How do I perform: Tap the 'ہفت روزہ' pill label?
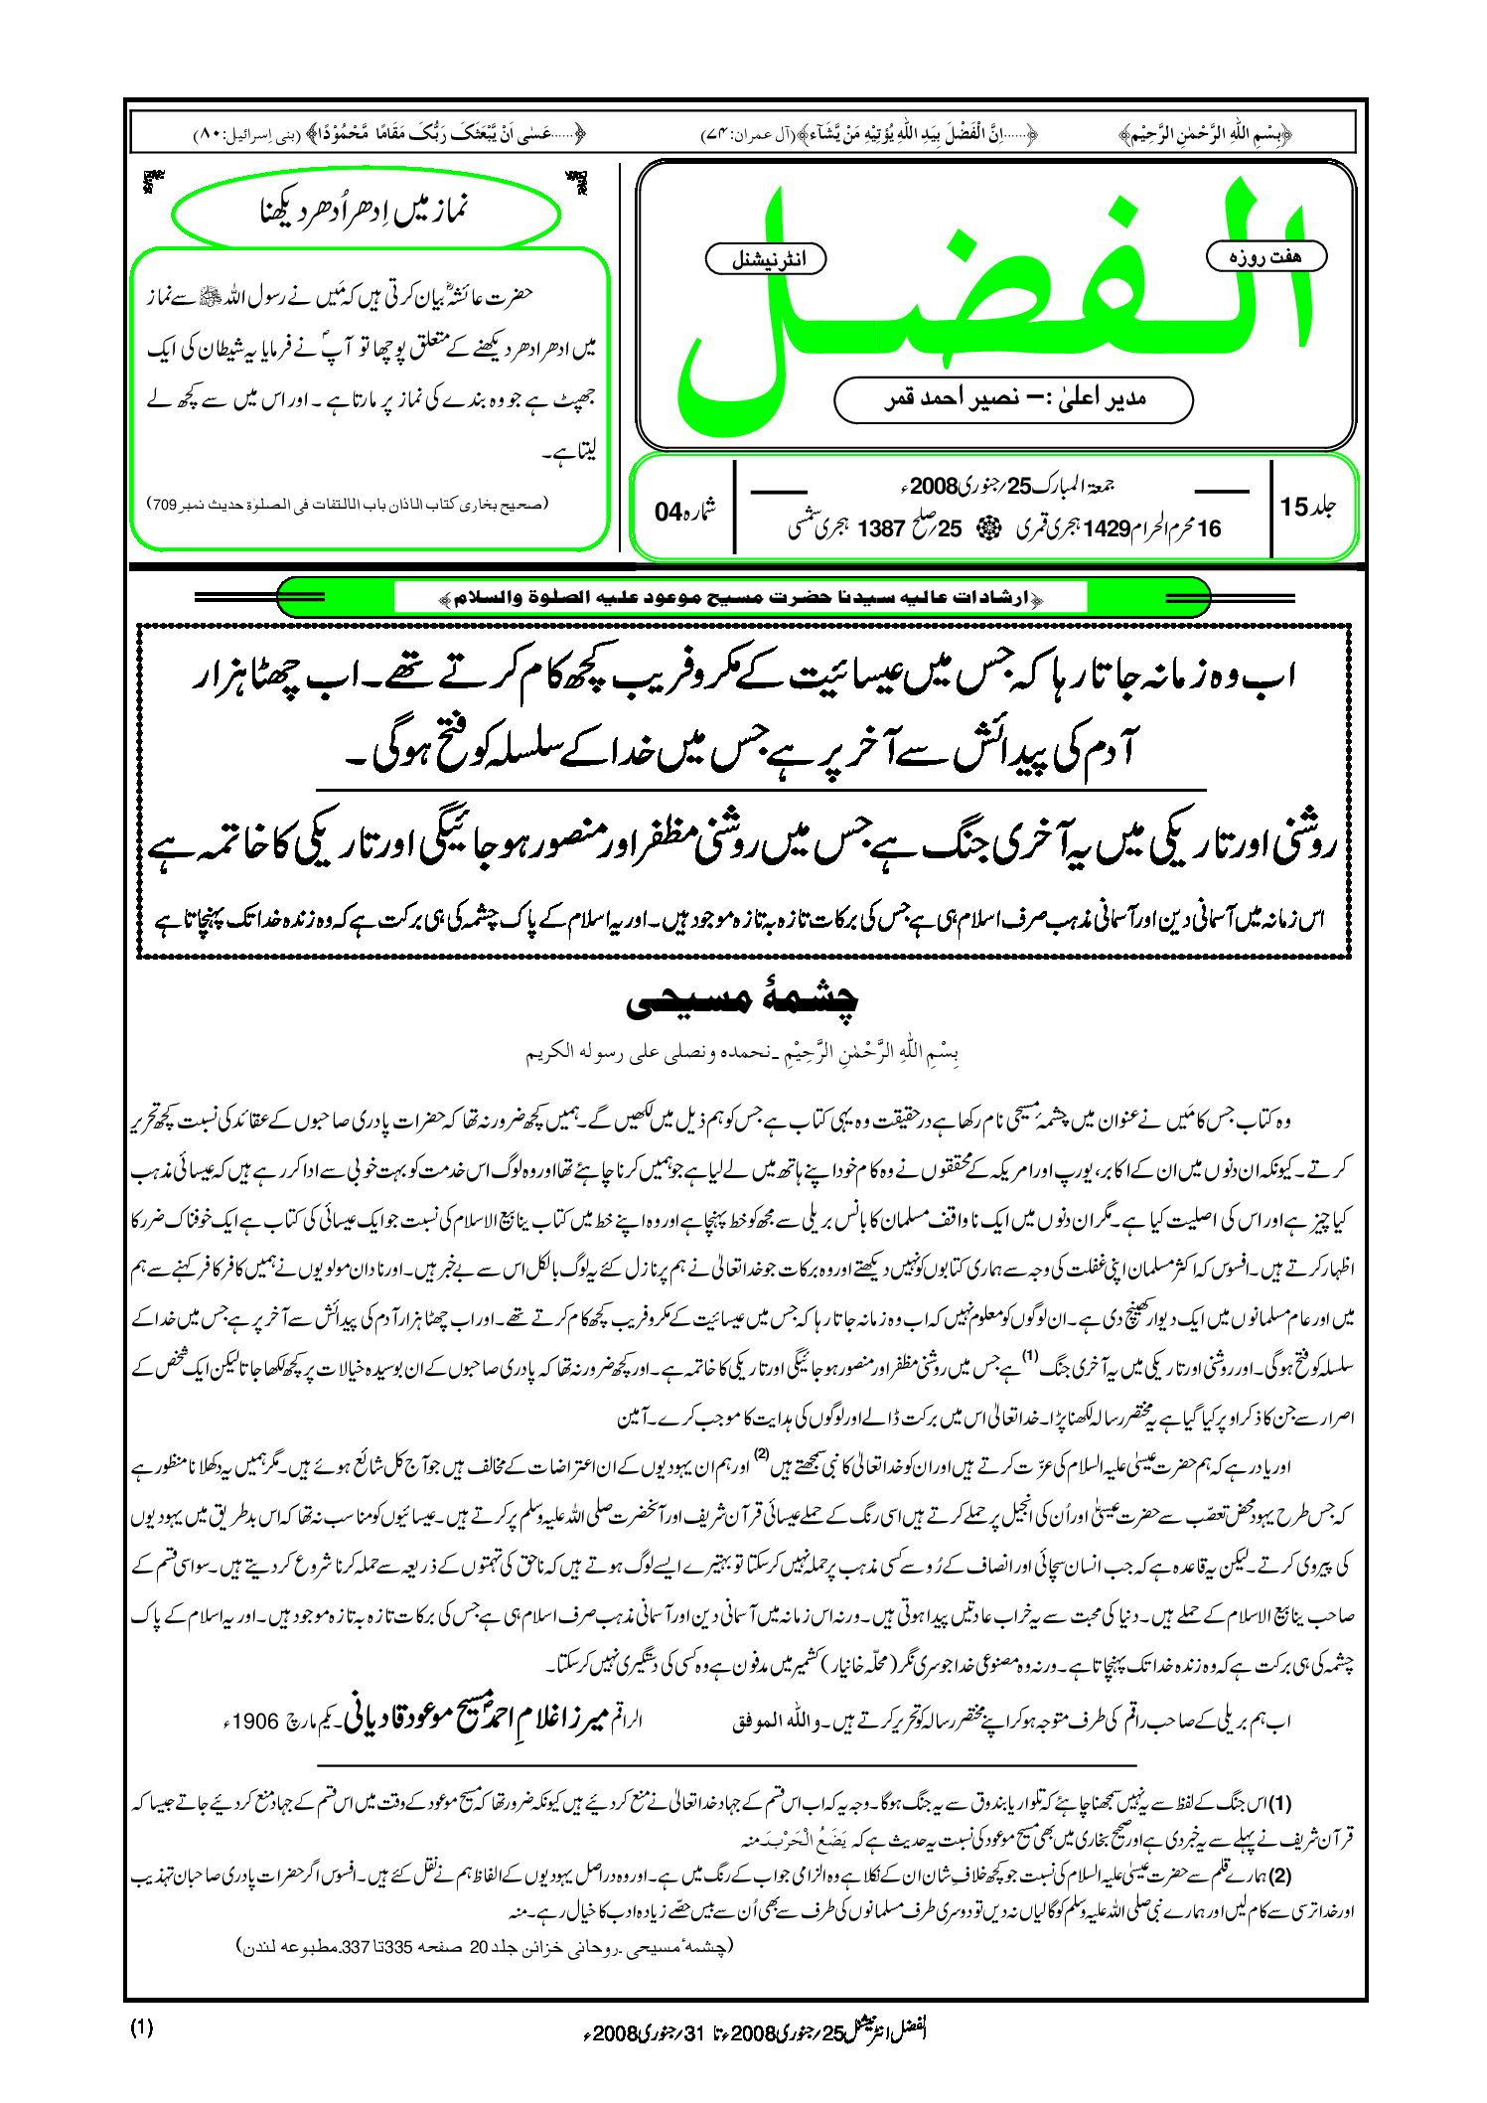(x=1265, y=256)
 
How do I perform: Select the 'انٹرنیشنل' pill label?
(x=765, y=260)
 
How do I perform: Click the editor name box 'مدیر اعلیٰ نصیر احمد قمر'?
(x=1012, y=399)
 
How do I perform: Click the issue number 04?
(x=669, y=512)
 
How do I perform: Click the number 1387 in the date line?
(x=879, y=528)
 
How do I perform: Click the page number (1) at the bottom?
(x=141, y=2028)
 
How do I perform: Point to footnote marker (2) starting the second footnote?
(x=1280, y=1876)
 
